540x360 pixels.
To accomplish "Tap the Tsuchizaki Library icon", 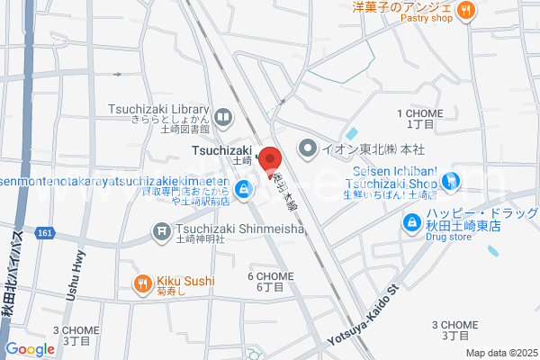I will pos(222,116).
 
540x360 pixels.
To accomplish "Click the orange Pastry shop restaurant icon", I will pos(465,11).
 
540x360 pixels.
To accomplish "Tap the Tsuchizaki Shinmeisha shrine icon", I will pos(162,231).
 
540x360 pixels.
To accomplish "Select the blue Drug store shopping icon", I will pos(411,220).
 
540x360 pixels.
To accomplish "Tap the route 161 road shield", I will pos(45,232).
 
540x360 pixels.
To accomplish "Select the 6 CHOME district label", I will pos(269,275).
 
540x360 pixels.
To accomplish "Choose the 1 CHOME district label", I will pos(416,112).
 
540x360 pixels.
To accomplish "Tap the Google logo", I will pos(30,349).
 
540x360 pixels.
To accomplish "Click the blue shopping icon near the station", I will pos(243,190).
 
